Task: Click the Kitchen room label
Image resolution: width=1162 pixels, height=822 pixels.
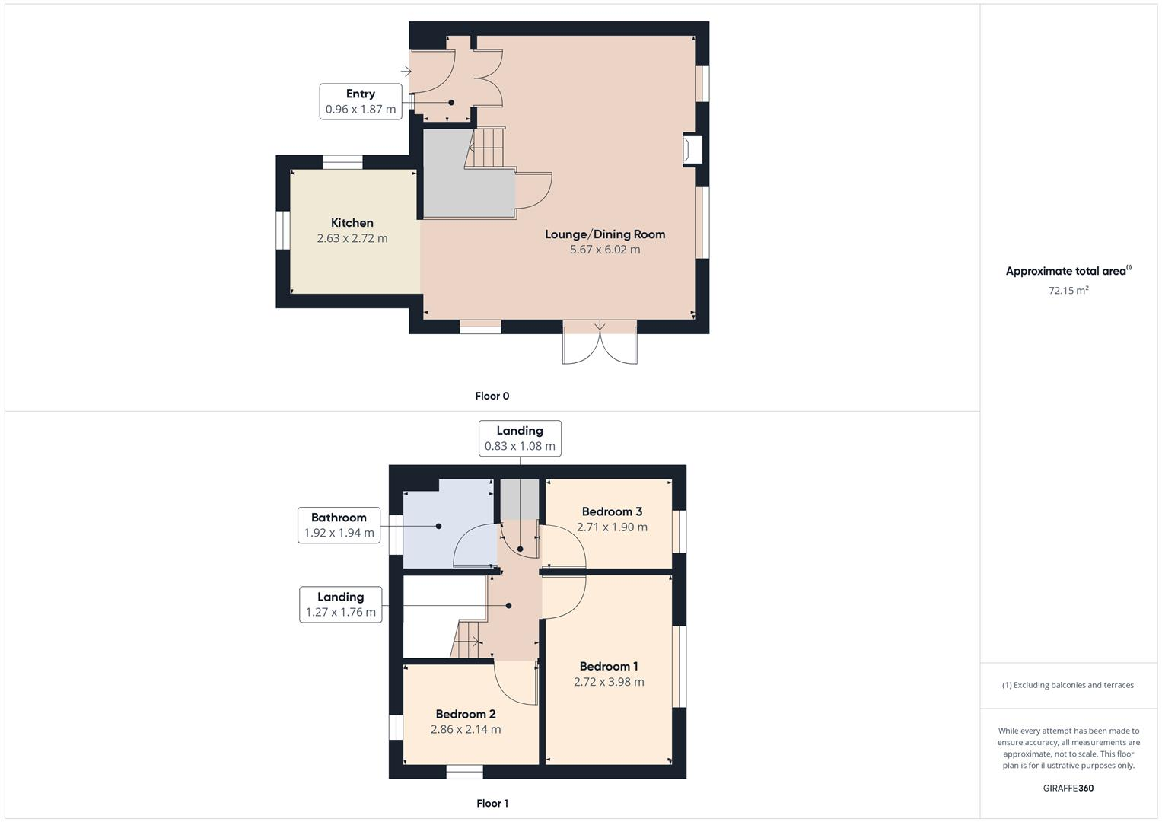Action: click(x=352, y=223)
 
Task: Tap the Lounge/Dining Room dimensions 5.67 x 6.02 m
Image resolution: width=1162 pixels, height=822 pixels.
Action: click(x=605, y=250)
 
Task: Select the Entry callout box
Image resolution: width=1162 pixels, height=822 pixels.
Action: click(x=361, y=101)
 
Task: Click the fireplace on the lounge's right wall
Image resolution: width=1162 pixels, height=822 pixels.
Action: click(x=692, y=150)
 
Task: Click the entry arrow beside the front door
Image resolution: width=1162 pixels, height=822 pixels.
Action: click(x=406, y=72)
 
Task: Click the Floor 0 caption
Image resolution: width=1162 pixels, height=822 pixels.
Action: click(x=492, y=396)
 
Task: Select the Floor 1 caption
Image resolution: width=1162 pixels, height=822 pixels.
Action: click(x=492, y=803)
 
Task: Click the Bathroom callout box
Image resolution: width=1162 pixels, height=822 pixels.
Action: click(x=339, y=525)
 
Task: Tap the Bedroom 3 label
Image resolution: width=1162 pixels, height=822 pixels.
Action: click(x=612, y=511)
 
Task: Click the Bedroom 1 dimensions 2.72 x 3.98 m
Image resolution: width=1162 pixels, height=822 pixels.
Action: click(x=609, y=682)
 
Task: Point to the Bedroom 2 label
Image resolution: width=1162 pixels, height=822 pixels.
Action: click(x=466, y=714)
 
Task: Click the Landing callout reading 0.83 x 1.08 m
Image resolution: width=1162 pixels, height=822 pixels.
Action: click(x=520, y=438)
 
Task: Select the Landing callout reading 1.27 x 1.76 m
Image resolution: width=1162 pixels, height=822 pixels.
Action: click(x=340, y=604)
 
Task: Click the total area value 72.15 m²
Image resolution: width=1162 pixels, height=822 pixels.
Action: click(x=1068, y=290)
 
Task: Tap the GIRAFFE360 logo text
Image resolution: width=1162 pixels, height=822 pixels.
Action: click(x=1068, y=788)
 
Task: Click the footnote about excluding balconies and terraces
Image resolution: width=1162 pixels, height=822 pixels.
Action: click(x=1068, y=685)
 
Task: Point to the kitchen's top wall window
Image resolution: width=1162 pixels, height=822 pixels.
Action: click(x=342, y=162)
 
